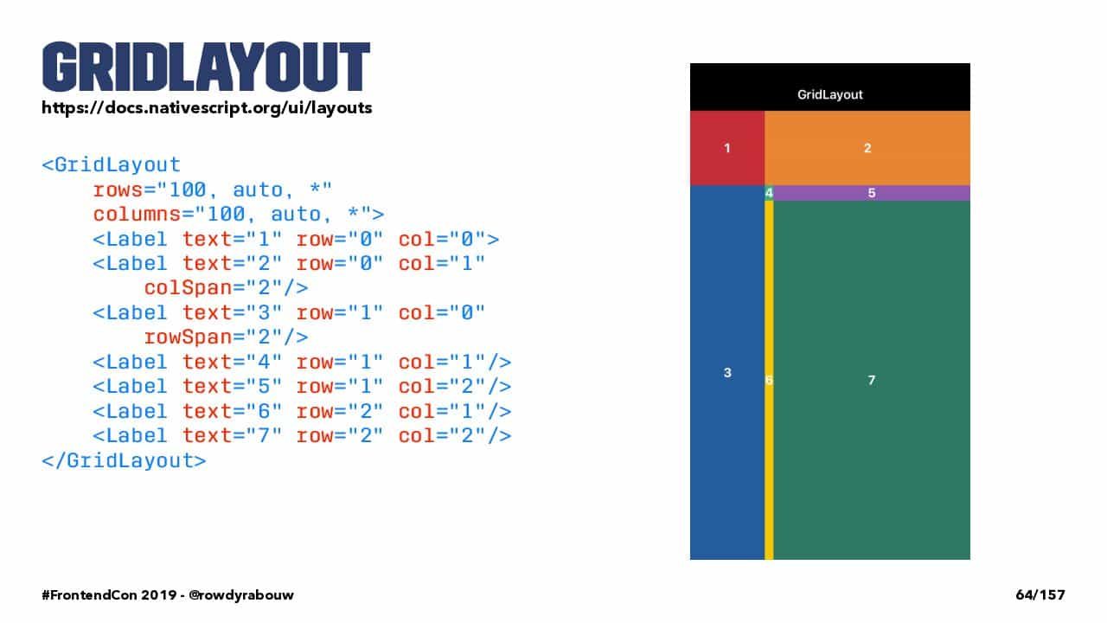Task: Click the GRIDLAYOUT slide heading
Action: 206,67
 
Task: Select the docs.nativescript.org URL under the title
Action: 207,108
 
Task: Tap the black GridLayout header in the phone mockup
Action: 830,87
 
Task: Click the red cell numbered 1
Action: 727,148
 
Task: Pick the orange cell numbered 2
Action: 867,148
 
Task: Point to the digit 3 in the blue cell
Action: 727,373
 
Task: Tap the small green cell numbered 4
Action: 770,193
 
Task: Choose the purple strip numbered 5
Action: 873,193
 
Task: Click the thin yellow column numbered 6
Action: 770,380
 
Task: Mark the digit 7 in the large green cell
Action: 872,380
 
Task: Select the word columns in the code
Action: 138,215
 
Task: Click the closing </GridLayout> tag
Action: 124,461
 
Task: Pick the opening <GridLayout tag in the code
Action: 112,165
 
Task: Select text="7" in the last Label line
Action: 233,435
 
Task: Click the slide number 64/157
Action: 1040,594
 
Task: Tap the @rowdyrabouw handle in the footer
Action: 241,594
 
